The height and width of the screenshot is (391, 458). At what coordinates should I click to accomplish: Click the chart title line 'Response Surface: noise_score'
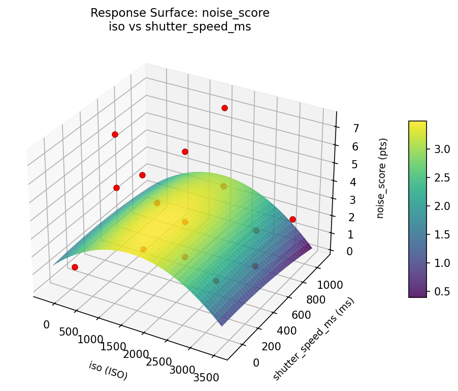click(180, 13)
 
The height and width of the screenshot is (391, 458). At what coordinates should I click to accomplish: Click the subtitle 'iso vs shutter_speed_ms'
click(180, 27)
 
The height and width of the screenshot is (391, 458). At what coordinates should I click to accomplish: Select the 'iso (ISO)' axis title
click(108, 371)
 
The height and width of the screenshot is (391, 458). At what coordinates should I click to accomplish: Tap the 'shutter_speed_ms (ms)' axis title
click(313, 339)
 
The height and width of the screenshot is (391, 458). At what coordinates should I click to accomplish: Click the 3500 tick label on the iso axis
click(206, 377)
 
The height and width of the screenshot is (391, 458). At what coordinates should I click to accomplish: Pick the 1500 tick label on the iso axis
click(113, 347)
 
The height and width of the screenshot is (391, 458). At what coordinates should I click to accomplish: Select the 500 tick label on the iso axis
click(69, 333)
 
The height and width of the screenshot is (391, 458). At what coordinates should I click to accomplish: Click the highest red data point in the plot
click(224, 108)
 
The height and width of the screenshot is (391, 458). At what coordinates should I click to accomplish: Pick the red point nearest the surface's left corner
click(75, 267)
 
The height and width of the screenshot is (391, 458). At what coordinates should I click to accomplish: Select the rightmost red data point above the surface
click(292, 219)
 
